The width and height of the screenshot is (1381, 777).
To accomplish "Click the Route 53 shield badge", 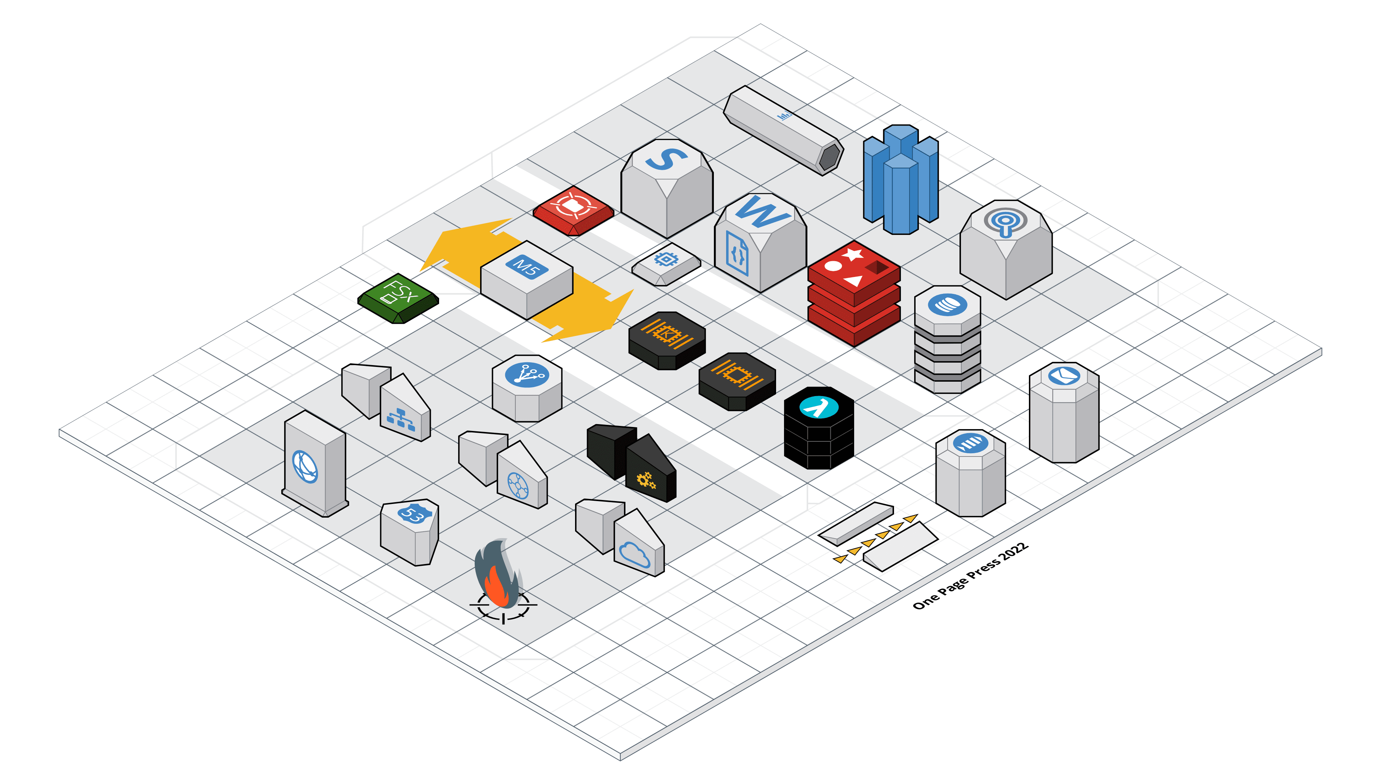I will (413, 514).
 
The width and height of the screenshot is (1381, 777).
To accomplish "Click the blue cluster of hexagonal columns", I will (901, 180).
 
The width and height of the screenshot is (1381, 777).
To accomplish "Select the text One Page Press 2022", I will (970, 576).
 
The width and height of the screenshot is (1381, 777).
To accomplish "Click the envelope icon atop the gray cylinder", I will (1064, 375).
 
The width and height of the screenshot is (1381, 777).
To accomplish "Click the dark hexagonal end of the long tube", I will (830, 156).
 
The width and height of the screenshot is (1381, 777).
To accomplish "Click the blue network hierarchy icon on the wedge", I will (401, 419).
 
